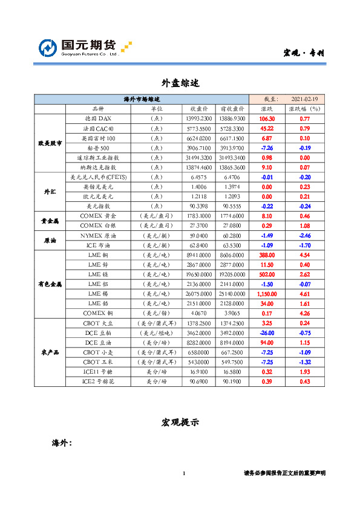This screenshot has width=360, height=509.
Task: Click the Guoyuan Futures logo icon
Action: (48, 48)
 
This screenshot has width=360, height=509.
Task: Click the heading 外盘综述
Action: (180, 82)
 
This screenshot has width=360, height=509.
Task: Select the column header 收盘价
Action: (200, 109)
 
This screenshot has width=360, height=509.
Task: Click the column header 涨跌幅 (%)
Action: (304, 109)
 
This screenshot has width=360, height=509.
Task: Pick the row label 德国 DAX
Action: (97, 119)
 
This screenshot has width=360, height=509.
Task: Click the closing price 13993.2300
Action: (200, 119)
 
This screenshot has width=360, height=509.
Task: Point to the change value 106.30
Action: (267, 119)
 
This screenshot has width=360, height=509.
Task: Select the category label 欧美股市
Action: (50, 143)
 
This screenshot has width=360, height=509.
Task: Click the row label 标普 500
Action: (97, 148)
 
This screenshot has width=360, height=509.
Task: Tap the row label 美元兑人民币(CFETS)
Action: (97, 177)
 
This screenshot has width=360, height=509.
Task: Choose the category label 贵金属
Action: (50, 221)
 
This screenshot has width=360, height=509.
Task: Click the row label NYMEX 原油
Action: (97, 235)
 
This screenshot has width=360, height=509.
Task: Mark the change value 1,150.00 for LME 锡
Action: (267, 293)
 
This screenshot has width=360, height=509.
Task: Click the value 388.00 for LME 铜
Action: (267, 254)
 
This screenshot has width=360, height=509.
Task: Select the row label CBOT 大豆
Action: (97, 323)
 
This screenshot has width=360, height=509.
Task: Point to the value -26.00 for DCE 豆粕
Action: (267, 333)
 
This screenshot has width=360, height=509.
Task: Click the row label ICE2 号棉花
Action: (97, 381)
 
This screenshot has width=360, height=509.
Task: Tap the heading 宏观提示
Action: (180, 422)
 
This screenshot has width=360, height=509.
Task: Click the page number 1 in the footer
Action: (183, 473)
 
